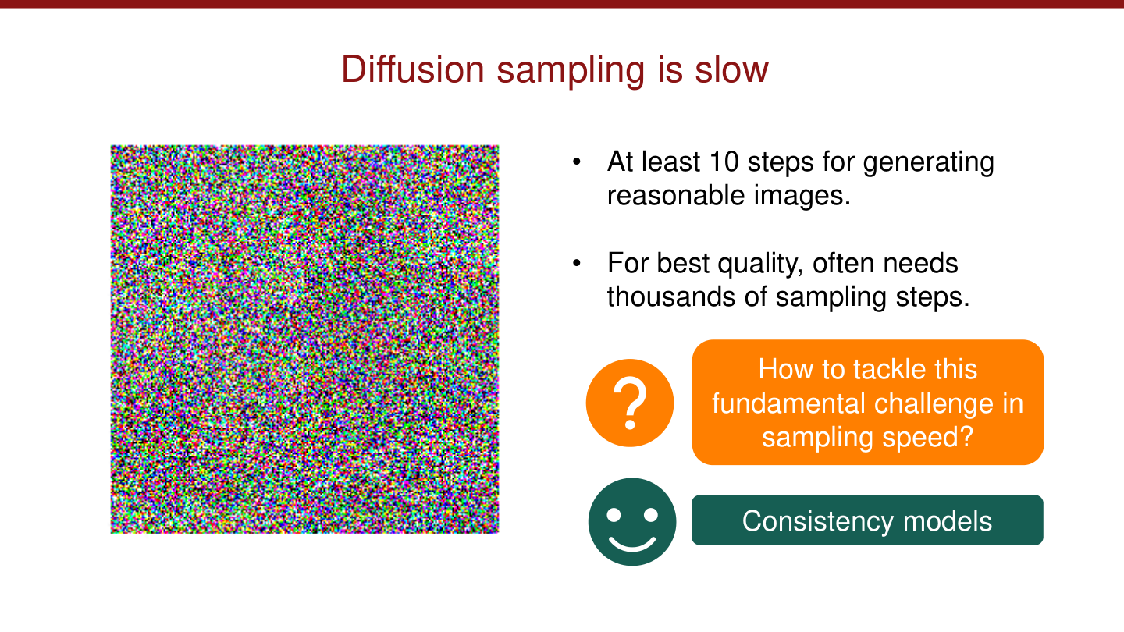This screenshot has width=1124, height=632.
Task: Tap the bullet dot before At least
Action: (577, 162)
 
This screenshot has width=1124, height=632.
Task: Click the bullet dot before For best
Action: (577, 264)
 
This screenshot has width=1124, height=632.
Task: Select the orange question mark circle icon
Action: (630, 403)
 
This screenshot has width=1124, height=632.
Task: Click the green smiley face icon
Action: (632, 521)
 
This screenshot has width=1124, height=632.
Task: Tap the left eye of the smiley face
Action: (614, 514)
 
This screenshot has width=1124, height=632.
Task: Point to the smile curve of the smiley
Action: (632, 543)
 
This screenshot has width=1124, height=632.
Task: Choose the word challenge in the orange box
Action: (936, 403)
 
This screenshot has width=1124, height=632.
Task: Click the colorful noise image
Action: (304, 339)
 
